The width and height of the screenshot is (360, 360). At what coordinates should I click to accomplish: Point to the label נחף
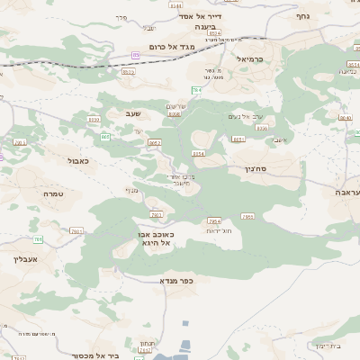tap(303, 15)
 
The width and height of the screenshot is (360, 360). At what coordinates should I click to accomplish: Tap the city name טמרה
tap(53, 193)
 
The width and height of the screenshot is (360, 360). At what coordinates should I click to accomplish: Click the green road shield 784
tap(195, 91)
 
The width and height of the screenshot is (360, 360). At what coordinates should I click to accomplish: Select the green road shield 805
tap(105, 136)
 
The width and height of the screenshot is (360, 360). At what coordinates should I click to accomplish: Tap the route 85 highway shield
tap(136, 55)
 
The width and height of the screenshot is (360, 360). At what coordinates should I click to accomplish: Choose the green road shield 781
tap(38, 239)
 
